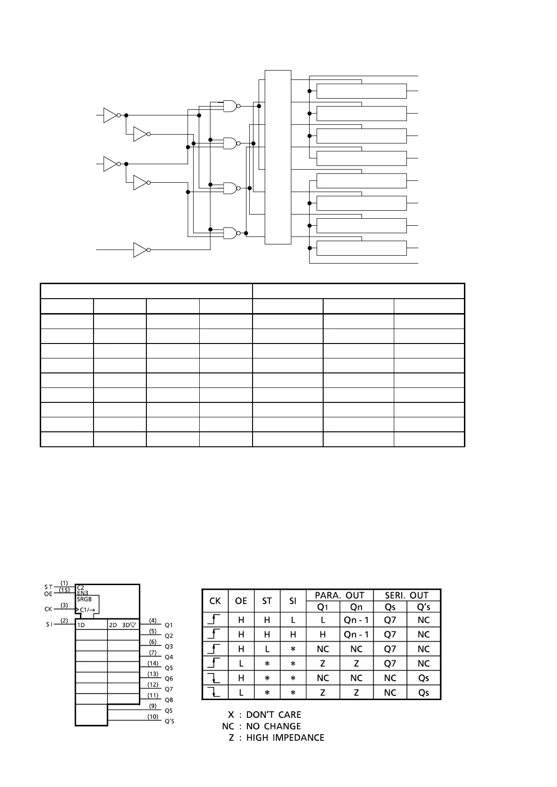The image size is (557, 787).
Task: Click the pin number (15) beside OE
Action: [x=65, y=590]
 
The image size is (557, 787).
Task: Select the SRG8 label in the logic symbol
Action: [x=84, y=599]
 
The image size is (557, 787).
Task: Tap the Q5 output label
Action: [x=169, y=668]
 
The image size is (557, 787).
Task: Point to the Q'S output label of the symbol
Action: [x=169, y=721]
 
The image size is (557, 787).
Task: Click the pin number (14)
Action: [x=153, y=663]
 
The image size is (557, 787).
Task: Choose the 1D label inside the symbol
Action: [x=81, y=625]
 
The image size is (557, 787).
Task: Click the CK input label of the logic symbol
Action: [x=48, y=609]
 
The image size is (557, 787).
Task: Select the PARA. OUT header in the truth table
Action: [x=340, y=595]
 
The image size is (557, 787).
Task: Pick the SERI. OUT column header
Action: [x=406, y=595]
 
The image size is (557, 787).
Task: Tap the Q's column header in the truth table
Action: [x=423, y=607]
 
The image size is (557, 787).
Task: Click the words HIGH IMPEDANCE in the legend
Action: [x=285, y=737]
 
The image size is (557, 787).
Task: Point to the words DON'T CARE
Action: [x=274, y=715]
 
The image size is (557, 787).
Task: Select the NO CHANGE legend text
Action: [x=274, y=726]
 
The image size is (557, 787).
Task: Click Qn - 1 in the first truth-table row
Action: [x=356, y=620]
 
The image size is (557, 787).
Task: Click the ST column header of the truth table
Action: [x=267, y=601]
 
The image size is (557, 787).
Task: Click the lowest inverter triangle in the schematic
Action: [x=140, y=250]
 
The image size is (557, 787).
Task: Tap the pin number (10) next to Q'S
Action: [x=153, y=716]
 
